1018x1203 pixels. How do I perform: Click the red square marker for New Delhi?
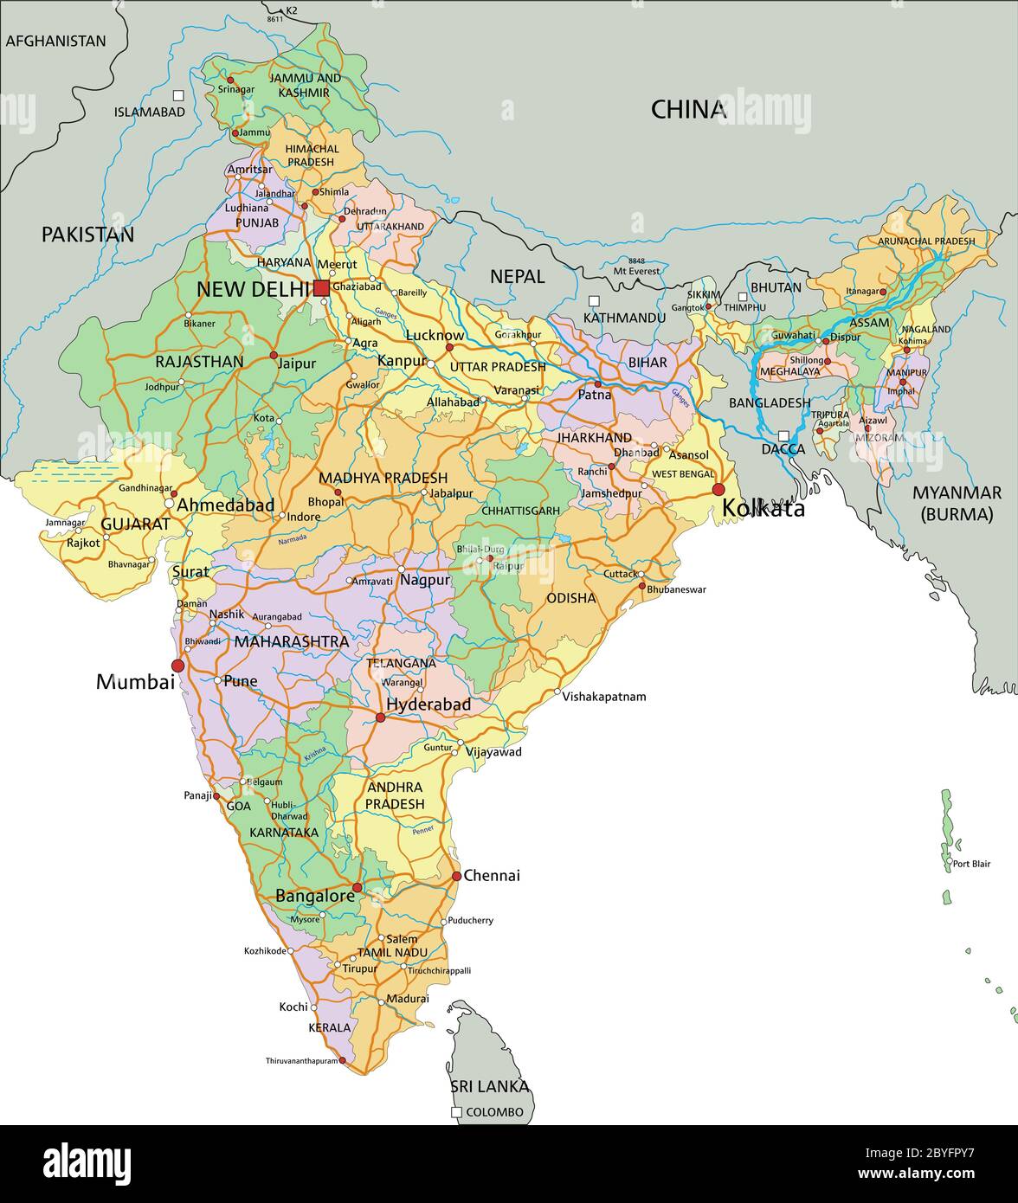coord(321,288)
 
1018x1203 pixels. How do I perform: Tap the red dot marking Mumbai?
coord(177,666)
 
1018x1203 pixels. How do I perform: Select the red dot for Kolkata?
coord(718,490)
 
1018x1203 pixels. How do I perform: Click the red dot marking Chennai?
coord(456,876)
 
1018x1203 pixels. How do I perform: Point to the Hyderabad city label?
coord(428,704)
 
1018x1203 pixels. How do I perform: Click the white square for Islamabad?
coord(178,95)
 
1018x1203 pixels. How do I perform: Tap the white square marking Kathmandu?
coord(594,301)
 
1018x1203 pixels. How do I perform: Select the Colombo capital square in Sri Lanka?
coord(456,1112)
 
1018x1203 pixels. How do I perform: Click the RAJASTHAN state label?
coord(199,362)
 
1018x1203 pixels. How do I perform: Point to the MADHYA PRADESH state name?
coord(383,478)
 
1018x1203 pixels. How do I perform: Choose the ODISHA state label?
coord(570,598)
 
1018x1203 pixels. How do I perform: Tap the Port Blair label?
coord(971,864)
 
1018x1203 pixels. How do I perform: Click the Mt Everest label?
coord(636,271)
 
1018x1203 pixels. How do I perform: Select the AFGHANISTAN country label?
coord(56,41)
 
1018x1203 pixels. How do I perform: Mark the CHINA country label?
coord(688,110)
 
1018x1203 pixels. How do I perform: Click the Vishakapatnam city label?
coord(604,697)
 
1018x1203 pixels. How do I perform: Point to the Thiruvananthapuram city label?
coord(301,1061)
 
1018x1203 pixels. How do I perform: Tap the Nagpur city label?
coord(425,580)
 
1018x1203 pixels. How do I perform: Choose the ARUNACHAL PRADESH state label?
coord(925,241)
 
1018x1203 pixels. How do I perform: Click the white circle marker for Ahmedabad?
coord(170,504)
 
